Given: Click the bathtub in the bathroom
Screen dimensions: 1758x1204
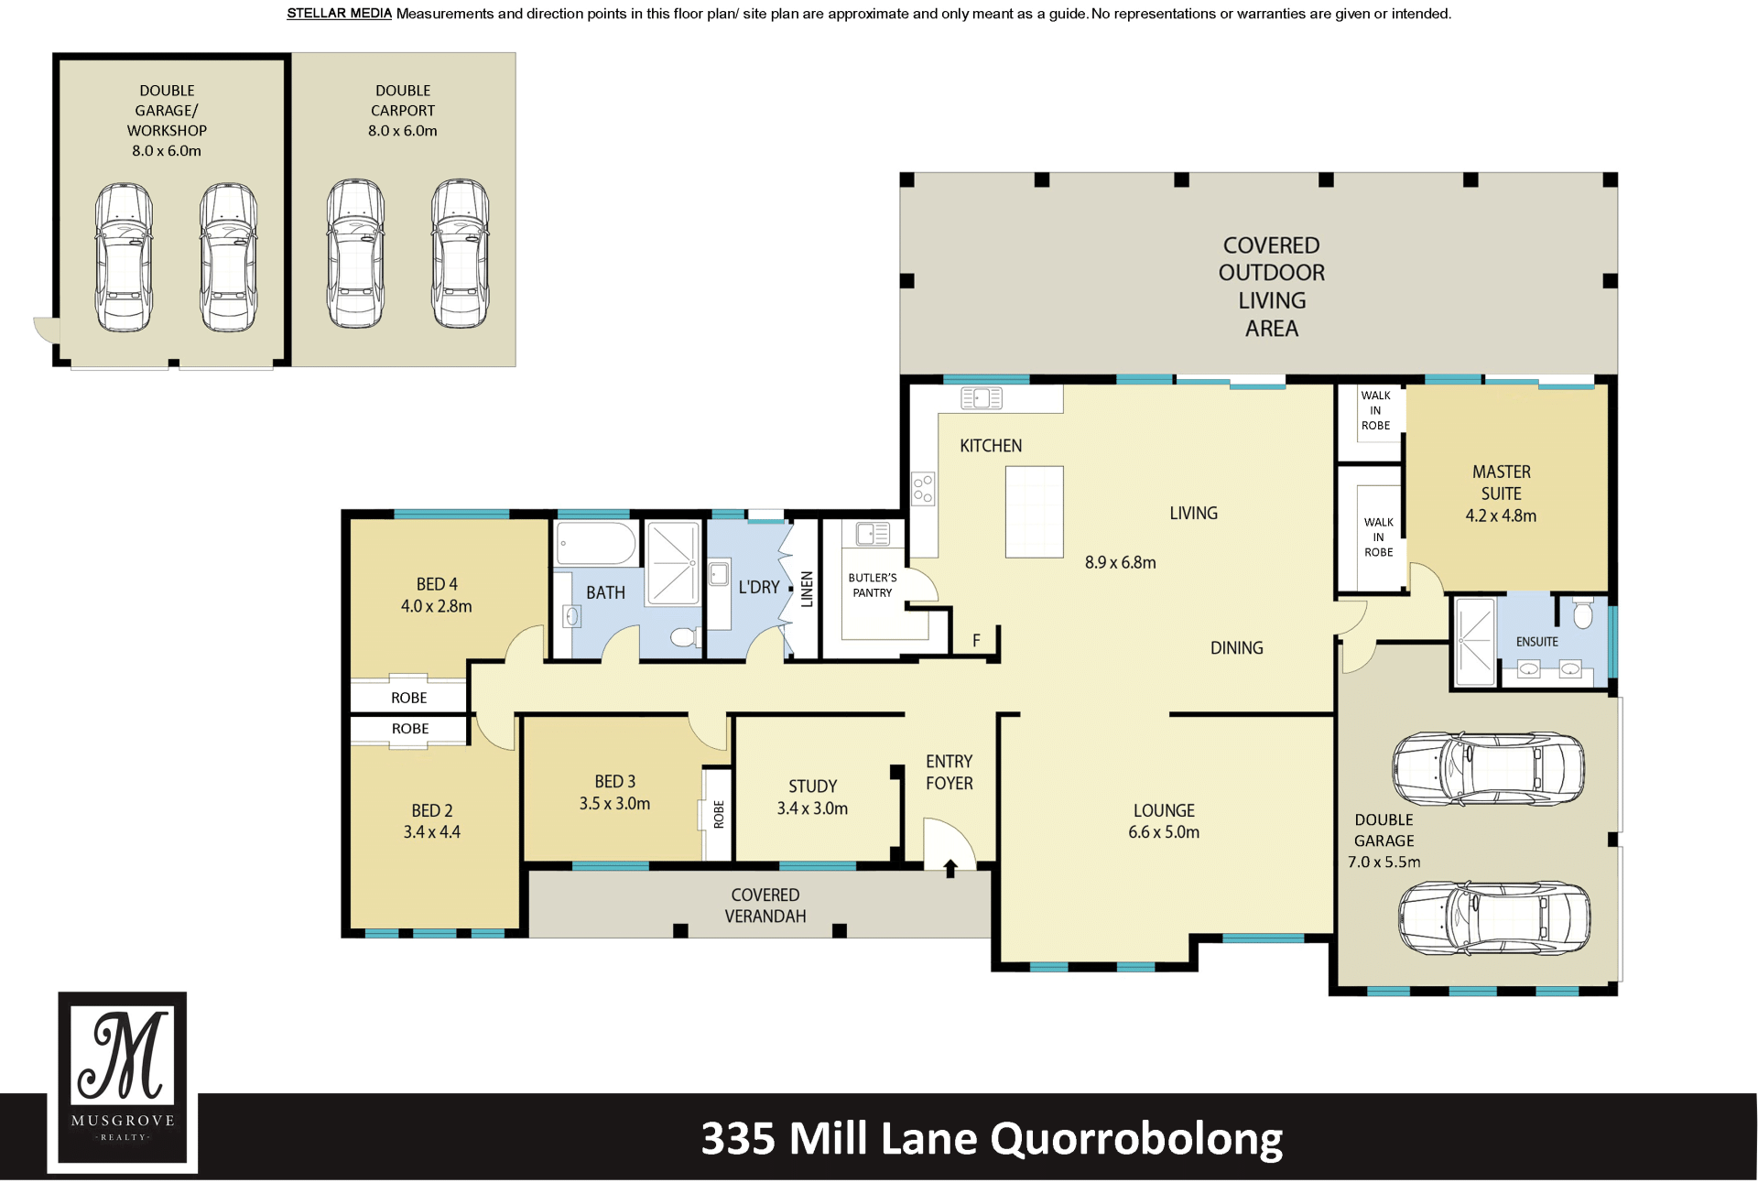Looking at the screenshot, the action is point(596,544).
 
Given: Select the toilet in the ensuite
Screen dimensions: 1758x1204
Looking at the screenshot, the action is point(1583,613).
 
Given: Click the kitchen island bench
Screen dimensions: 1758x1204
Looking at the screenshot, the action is point(1035,512).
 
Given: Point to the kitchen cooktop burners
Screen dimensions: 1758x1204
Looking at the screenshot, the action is point(923,489).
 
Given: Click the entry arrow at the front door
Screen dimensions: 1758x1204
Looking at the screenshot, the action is point(950,868).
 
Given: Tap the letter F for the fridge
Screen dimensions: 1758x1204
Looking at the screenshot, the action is point(976,640).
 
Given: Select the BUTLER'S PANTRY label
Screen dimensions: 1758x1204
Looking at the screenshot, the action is point(873,585).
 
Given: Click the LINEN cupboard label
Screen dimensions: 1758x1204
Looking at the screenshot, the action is point(807,589).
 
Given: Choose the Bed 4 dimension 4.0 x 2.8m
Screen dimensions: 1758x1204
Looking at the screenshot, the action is point(437,606).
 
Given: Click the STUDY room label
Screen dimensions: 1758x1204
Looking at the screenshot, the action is point(813,786).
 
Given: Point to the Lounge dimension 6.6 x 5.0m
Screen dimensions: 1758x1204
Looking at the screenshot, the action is point(1164,832).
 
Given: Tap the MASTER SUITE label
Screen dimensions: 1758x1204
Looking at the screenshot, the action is point(1502,483).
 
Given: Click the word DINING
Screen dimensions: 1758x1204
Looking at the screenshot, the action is point(1237,648).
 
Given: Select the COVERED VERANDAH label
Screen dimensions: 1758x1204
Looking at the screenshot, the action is point(765,906).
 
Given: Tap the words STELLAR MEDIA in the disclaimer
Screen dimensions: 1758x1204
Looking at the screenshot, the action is point(339,14).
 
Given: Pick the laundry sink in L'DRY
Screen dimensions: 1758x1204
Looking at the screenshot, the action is point(720,574).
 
